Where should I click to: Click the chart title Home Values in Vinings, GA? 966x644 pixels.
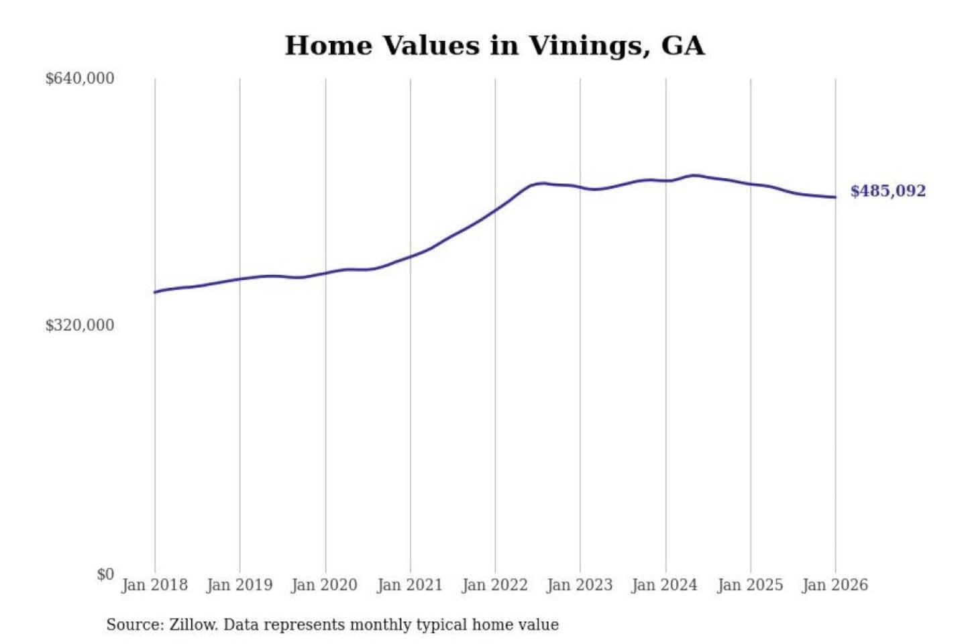494,46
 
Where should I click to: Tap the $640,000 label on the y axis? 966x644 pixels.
80,78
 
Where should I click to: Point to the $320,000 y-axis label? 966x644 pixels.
80,325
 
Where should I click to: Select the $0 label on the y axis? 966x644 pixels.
105,574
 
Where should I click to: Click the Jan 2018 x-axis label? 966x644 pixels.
154,585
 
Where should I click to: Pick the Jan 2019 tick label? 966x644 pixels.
239,585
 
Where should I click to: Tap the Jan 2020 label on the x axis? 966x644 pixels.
325,585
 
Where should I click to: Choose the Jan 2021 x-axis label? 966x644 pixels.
410,585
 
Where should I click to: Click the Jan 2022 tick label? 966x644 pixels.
495,585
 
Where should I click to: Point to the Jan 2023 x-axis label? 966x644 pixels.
580,585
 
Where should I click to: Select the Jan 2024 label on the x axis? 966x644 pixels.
665,585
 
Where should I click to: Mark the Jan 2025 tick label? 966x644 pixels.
750,585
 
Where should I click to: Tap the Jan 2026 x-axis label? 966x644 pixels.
835,585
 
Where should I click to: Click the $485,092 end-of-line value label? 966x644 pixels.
888,191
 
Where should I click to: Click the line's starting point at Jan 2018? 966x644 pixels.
155,292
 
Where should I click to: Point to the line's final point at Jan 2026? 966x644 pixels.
835,197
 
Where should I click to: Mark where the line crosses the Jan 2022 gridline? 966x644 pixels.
496,210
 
